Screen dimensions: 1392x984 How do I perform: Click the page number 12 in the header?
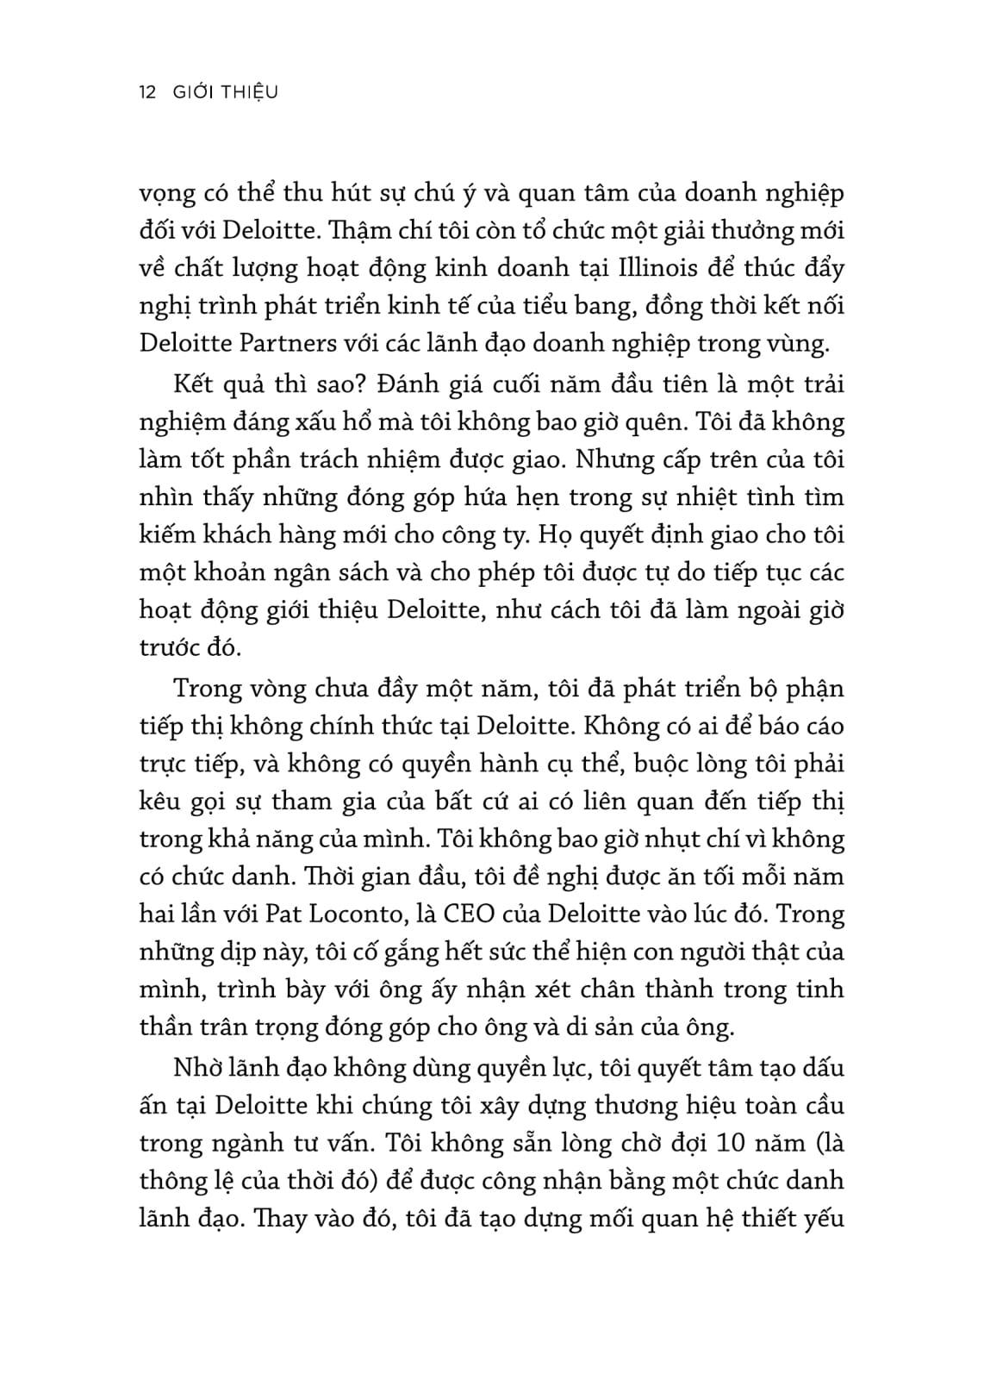(146, 91)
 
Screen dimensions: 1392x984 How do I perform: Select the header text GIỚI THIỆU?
(221, 91)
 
